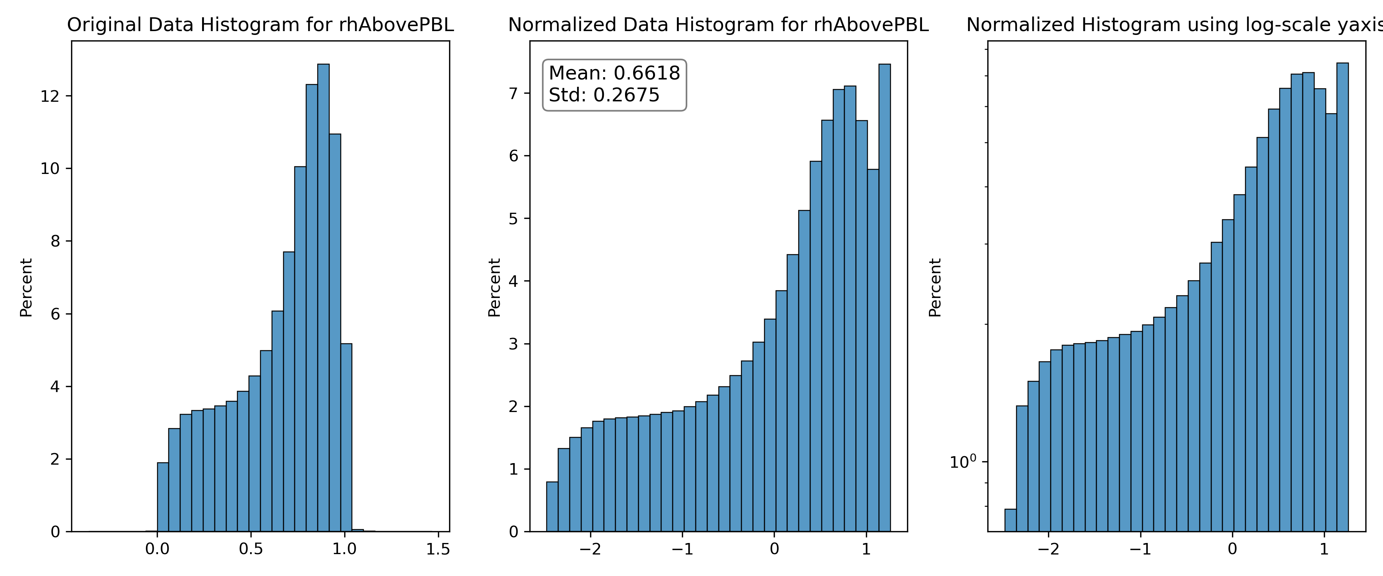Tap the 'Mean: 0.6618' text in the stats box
(x=614, y=73)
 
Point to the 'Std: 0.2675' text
(x=604, y=95)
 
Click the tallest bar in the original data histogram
(x=323, y=298)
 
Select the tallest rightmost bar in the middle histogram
(x=884, y=298)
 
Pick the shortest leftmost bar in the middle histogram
(x=552, y=507)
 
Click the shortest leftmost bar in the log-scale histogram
(x=1010, y=520)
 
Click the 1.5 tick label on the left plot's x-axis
(x=438, y=549)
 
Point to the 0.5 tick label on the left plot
(x=251, y=549)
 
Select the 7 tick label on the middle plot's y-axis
(x=513, y=93)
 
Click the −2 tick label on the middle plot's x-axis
(x=590, y=549)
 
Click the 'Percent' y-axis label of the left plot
(x=26, y=288)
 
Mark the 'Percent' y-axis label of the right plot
(x=935, y=288)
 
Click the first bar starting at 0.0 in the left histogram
(x=163, y=497)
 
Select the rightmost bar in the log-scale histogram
(x=1342, y=297)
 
